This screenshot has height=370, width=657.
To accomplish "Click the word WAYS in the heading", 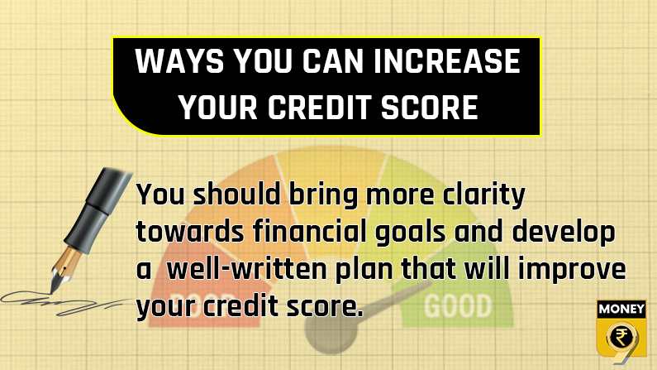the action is click(x=180, y=61).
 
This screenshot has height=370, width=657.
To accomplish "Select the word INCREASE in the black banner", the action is click(x=446, y=61).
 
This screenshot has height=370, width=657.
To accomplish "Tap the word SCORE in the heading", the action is click(x=430, y=107).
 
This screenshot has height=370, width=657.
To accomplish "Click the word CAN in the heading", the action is click(x=333, y=61).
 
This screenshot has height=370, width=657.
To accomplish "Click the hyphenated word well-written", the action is click(x=246, y=269).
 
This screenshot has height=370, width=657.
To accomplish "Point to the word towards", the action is click(x=190, y=232).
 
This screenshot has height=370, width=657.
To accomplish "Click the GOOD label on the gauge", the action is click(x=458, y=305).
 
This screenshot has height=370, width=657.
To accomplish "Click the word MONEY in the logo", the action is click(x=621, y=310).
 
